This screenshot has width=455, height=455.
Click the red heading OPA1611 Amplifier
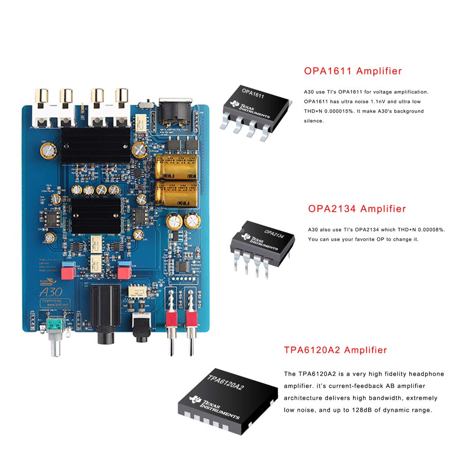click(x=353, y=71)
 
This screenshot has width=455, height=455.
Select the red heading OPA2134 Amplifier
click(x=357, y=209)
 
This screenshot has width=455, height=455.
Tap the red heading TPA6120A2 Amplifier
click(x=335, y=350)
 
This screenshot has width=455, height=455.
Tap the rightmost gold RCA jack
click(x=121, y=97)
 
